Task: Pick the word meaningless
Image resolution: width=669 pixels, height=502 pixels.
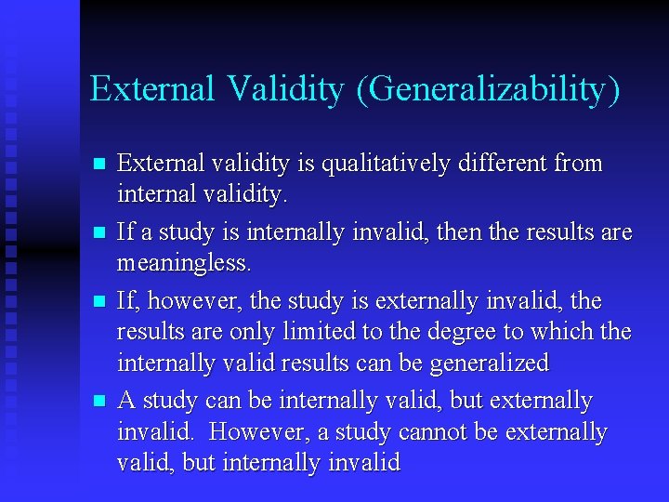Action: (183, 264)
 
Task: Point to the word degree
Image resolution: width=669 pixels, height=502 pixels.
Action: (484, 332)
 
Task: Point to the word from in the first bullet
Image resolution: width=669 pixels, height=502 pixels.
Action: (579, 164)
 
